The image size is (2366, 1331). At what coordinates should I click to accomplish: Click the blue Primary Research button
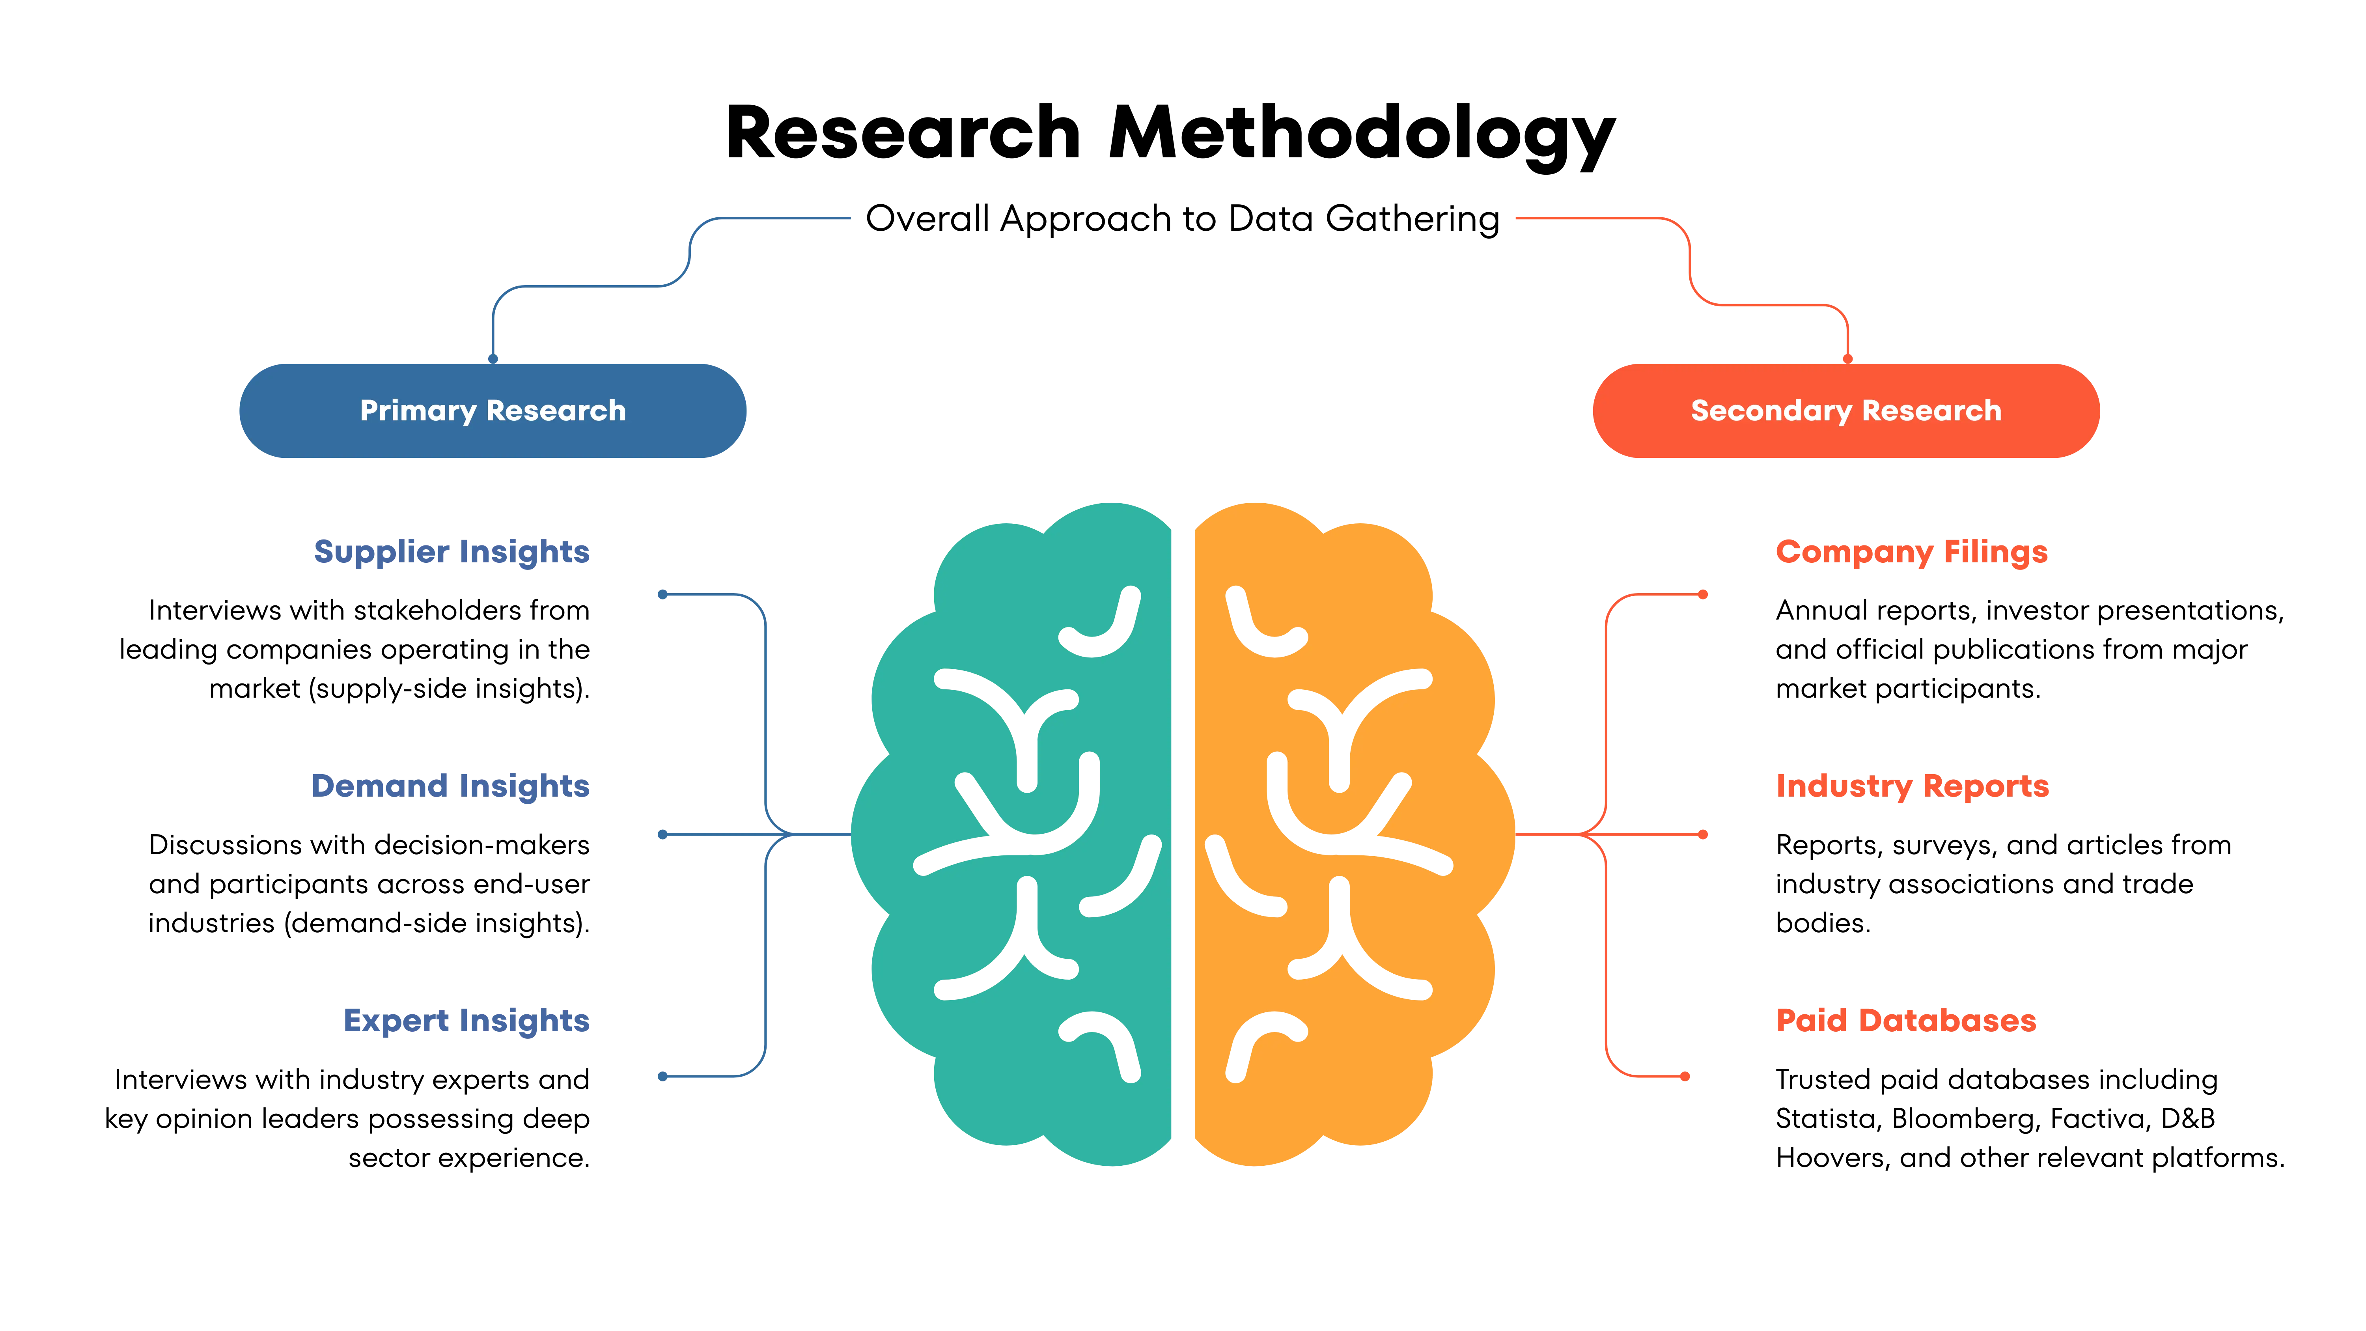[x=492, y=411]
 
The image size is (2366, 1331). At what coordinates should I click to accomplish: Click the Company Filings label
[x=1911, y=552]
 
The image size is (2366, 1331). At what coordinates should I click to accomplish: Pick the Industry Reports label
[x=1912, y=786]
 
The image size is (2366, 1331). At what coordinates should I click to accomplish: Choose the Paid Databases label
[x=1906, y=1021]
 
